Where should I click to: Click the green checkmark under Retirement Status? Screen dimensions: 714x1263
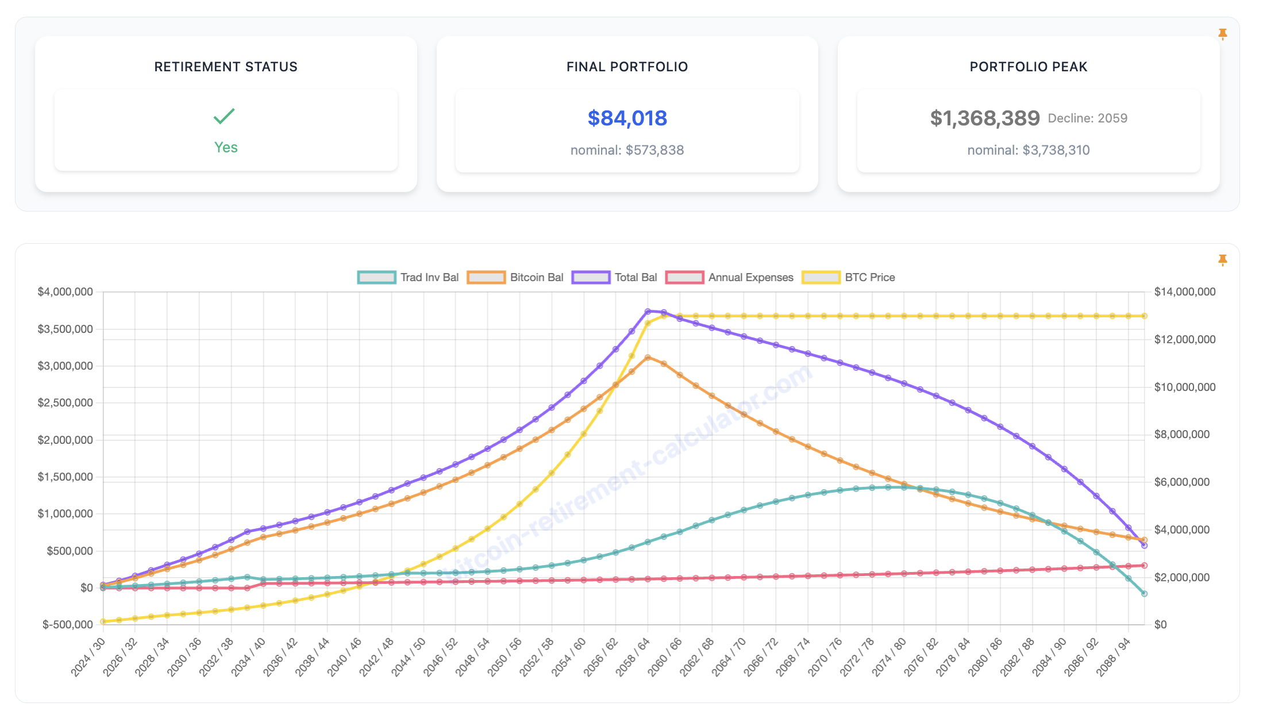[x=224, y=116]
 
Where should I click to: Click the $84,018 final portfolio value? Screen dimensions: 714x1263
[x=627, y=118]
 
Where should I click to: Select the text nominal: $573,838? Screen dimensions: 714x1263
[x=627, y=150]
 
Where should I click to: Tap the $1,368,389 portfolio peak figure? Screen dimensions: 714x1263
[x=985, y=118]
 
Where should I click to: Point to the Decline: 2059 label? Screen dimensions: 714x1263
[x=1087, y=118]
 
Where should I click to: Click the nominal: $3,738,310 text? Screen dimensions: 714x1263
[x=1028, y=150]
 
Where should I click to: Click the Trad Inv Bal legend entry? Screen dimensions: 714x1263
[x=409, y=278]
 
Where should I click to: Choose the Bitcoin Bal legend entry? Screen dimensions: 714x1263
[x=516, y=278]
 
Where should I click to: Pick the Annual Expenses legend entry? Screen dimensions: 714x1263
[x=730, y=278]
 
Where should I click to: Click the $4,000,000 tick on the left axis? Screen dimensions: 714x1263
[x=66, y=292]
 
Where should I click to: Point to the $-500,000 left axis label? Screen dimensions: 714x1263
[x=68, y=625]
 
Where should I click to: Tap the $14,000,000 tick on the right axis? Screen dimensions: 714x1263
[x=1185, y=292]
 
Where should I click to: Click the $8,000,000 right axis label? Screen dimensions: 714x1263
[x=1182, y=435]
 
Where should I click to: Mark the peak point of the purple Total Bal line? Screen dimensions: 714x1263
[x=648, y=312]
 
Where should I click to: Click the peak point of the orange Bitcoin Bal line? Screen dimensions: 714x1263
[x=648, y=358]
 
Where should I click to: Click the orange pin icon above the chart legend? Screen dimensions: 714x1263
[x=1223, y=260]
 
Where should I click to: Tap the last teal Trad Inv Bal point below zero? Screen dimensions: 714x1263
[x=1144, y=594]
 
